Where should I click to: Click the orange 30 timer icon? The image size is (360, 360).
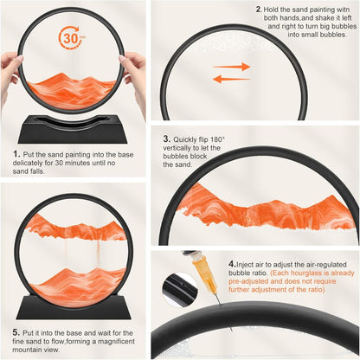coord(71,37)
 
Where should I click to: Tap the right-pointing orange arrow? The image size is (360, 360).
coord(231,67)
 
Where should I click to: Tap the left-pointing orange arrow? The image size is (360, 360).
coord(231,79)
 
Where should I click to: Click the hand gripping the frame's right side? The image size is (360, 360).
coord(134,78)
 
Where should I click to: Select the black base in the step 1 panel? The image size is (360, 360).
coord(73,129)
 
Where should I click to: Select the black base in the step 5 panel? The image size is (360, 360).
coord(74,306)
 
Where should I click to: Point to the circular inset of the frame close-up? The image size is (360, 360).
coord(180,289)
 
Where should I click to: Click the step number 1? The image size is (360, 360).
coord(16,154)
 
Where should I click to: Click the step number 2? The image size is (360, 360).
coord(259,10)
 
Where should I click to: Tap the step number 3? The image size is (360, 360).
coord(166,138)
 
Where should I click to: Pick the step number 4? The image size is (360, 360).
coord(232,264)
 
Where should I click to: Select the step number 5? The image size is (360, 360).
coord(16,332)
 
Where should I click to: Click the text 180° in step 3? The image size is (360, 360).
coord(217,139)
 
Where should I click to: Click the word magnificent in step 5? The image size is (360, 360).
coord(116,341)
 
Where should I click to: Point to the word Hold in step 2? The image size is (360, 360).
coord(271,10)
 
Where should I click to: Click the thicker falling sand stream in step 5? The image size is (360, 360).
coord(98,254)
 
